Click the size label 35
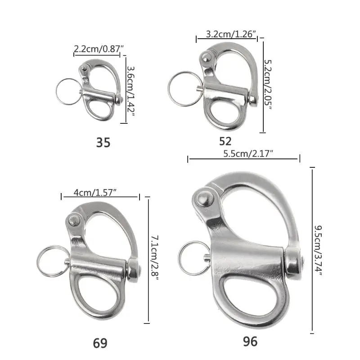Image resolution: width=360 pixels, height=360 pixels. [x=103, y=143]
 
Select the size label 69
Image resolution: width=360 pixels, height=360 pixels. [x=100, y=343]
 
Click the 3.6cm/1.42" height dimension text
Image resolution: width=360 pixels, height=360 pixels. [x=130, y=89]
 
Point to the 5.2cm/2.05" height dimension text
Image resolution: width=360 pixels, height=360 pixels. [x=268, y=85]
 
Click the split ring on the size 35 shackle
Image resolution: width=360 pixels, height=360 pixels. [x=68, y=90]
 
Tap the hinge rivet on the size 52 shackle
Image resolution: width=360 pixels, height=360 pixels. [x=204, y=57]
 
